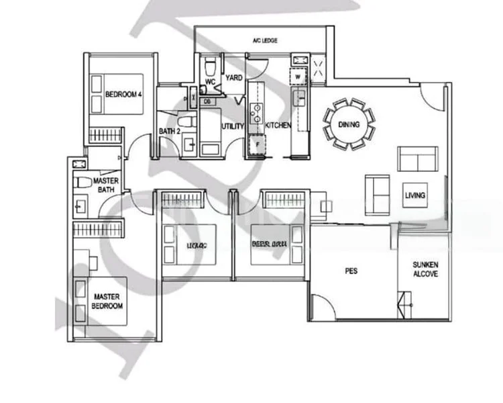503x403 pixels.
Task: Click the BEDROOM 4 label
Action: coord(124,94)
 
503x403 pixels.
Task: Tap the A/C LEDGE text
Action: coord(266,41)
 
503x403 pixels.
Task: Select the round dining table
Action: coord(349,124)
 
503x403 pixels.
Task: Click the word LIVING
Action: coord(414,195)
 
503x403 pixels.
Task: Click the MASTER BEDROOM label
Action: coord(107,301)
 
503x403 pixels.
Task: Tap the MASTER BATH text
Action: coord(106,186)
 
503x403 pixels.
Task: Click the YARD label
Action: coord(234,78)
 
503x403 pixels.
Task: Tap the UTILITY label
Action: coord(232,126)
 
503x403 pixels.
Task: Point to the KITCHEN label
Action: coord(277,126)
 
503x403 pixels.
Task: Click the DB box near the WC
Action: coord(207,101)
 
